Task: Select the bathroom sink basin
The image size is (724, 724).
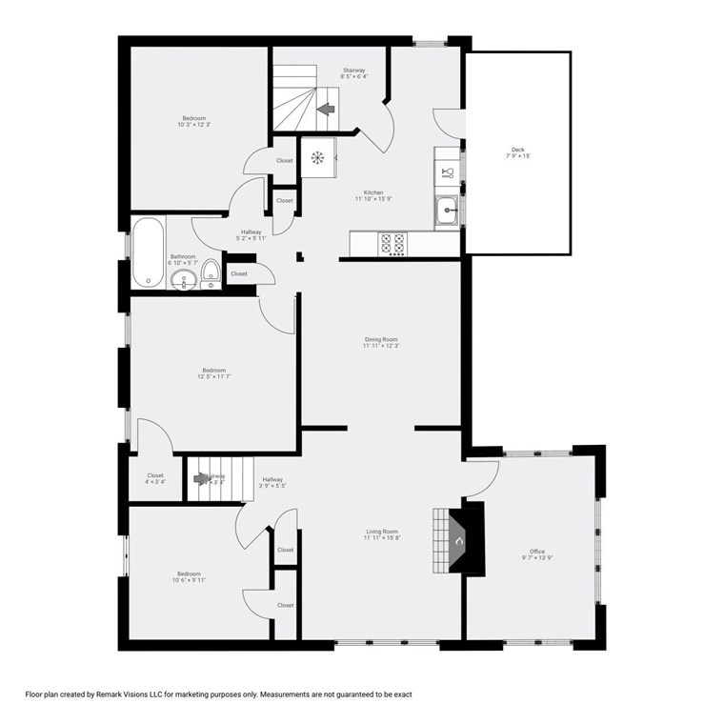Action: pyautogui.click(x=185, y=279)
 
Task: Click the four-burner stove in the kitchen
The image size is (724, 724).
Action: pyautogui.click(x=392, y=244)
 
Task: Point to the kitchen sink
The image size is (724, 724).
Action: pyautogui.click(x=446, y=211)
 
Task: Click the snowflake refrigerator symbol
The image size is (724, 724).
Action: pyautogui.click(x=318, y=157)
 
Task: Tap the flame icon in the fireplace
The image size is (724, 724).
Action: pyautogui.click(x=459, y=541)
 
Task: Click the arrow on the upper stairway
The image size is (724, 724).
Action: pyautogui.click(x=326, y=110)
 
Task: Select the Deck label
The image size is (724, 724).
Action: pyautogui.click(x=517, y=150)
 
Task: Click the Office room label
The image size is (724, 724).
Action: pyautogui.click(x=537, y=551)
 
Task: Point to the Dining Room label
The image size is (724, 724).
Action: pyautogui.click(x=380, y=339)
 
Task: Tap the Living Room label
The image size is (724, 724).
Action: pyautogui.click(x=381, y=532)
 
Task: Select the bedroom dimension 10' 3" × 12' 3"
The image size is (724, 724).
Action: pyautogui.click(x=193, y=125)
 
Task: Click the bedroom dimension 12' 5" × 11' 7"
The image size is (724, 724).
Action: pyautogui.click(x=213, y=377)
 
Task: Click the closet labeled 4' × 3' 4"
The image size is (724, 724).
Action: pyautogui.click(x=155, y=482)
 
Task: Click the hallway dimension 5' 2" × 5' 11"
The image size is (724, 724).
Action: pyautogui.click(x=251, y=238)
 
